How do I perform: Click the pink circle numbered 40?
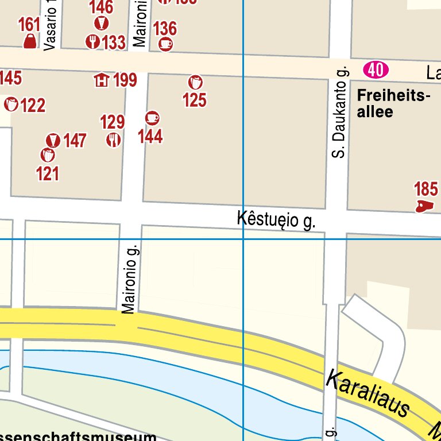376,71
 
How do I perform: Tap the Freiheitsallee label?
393,103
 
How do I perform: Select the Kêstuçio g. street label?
276,220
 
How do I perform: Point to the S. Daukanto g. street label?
341,112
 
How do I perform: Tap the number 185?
425,189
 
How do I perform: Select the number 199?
125,80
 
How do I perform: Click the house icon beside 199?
102,80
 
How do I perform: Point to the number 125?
194,100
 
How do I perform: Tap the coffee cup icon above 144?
152,118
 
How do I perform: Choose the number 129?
112,122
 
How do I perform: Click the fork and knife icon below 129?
113,140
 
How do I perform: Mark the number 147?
75,141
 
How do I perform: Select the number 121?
47,173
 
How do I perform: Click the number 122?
33,106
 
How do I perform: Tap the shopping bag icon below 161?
29,41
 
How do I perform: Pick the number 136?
165,28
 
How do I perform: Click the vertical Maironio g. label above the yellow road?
130,279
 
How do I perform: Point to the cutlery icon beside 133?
92,42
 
